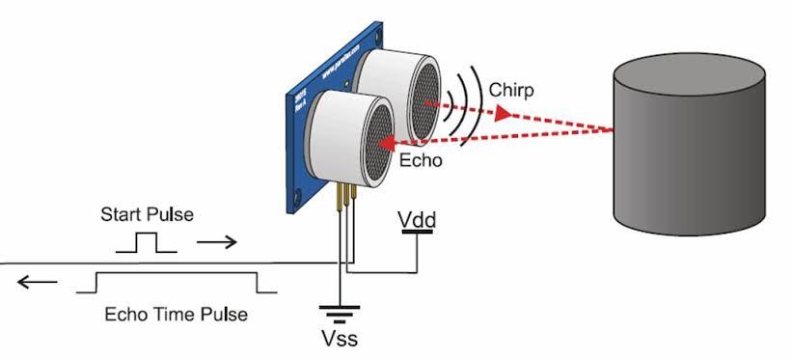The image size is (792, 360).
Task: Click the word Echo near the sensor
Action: click(421, 161)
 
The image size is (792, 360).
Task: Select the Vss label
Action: click(340, 339)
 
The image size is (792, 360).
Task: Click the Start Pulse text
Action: click(147, 214)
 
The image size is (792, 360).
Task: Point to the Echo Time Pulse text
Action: click(175, 315)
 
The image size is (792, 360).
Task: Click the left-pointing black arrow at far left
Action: click(35, 283)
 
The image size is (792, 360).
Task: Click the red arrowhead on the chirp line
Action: click(502, 113)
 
